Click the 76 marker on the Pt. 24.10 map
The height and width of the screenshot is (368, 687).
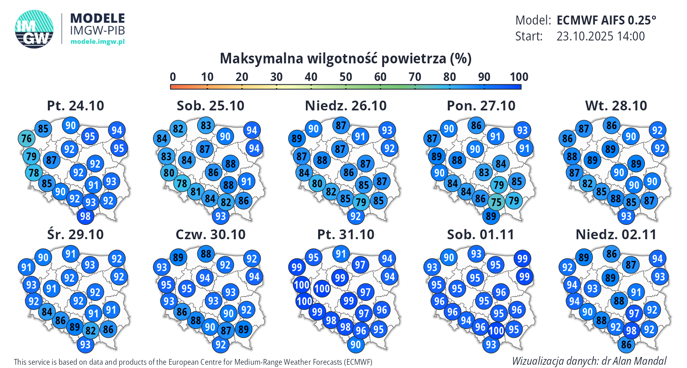coord(27,139)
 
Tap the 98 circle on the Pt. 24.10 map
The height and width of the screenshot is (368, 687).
coord(85,216)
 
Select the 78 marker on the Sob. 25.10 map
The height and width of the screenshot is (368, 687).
coord(182,183)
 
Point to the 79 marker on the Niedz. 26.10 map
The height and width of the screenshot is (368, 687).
coord(361,202)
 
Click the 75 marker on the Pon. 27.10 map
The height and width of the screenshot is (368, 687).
coord(496,202)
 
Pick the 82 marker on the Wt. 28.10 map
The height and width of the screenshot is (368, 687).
coord(587,183)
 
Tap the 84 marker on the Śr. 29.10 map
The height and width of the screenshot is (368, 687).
coord(47,312)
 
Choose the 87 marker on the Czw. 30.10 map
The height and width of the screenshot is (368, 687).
coord(226,330)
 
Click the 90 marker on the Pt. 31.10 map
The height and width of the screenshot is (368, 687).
coord(355,344)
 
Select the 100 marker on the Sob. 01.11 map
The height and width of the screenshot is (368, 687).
coord(496,330)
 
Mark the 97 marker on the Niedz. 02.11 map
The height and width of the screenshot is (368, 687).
coord(634,314)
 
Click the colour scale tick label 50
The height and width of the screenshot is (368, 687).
coord(346,77)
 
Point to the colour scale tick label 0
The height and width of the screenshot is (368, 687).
coord(173,77)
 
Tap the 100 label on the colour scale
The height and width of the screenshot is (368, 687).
coord(519,77)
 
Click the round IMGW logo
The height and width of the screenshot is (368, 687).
coord(34,29)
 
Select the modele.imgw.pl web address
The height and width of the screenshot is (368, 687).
coord(97,41)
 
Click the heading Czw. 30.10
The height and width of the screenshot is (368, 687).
coord(211,234)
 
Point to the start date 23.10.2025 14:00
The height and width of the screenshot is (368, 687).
coord(600,36)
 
